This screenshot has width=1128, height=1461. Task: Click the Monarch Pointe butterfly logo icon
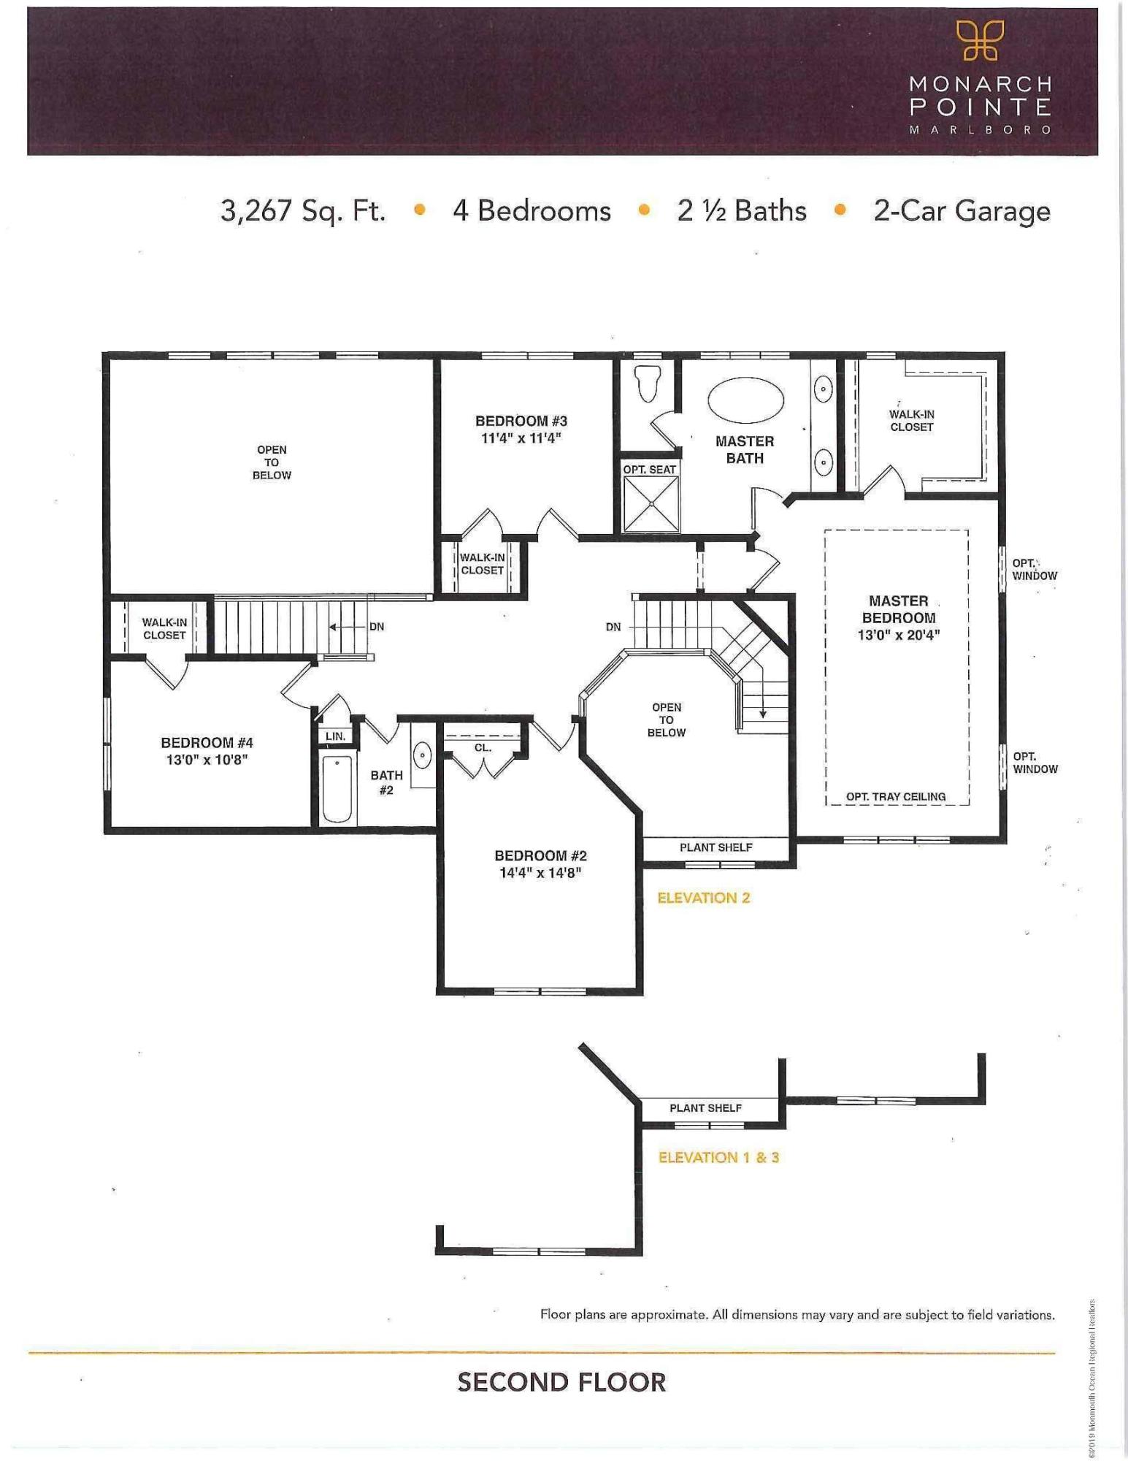pyautogui.click(x=980, y=40)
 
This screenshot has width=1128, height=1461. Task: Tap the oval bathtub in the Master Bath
pyautogui.click(x=745, y=400)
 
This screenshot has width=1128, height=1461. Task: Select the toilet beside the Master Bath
pyautogui.click(x=648, y=383)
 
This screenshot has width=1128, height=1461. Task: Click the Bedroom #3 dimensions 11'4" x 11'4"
pyautogui.click(x=521, y=438)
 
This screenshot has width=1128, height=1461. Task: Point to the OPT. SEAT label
pyautogui.click(x=649, y=470)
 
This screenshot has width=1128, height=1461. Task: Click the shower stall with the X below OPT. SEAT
pyautogui.click(x=651, y=505)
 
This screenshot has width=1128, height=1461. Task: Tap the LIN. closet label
pyautogui.click(x=336, y=736)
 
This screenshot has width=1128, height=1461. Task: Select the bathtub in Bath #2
pyautogui.click(x=337, y=790)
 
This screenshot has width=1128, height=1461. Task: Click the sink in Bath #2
pyautogui.click(x=423, y=755)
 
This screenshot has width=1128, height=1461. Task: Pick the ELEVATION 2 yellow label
pyautogui.click(x=703, y=898)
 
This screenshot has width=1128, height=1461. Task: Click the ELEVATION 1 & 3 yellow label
pyautogui.click(x=718, y=1157)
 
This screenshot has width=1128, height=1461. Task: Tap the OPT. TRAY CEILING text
pyautogui.click(x=896, y=796)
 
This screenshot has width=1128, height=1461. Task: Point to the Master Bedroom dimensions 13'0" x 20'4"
pyautogui.click(x=898, y=635)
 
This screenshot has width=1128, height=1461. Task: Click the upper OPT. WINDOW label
pyautogui.click(x=1034, y=569)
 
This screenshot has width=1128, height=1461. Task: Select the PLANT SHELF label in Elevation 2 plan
pyautogui.click(x=715, y=847)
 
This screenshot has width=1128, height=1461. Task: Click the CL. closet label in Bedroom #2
pyautogui.click(x=483, y=747)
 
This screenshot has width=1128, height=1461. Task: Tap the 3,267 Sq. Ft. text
pyautogui.click(x=303, y=211)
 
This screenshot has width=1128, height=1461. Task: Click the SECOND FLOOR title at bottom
pyautogui.click(x=561, y=1382)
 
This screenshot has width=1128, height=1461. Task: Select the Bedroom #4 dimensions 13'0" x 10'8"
pyautogui.click(x=207, y=760)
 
